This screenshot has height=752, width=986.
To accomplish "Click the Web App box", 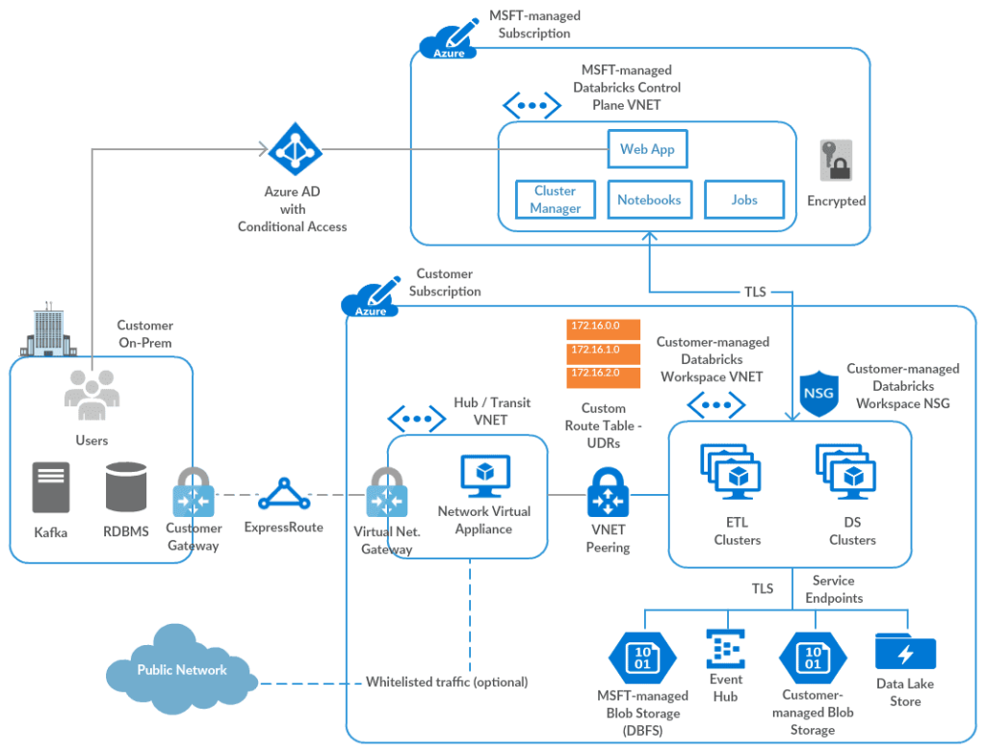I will (647, 149).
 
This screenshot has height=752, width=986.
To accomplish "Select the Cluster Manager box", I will (555, 199).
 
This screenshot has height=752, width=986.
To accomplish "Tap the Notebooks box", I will (649, 199).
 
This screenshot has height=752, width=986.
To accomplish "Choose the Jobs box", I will (744, 199).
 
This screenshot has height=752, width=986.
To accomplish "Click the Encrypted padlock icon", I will (836, 161).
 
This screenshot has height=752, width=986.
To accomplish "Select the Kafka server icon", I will (51, 487).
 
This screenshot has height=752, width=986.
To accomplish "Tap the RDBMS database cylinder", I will (126, 487).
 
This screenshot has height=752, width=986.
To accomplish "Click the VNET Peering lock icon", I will (608, 493).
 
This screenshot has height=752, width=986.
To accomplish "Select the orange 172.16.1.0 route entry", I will (594, 350).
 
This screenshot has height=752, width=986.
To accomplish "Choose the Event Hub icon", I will (725, 650).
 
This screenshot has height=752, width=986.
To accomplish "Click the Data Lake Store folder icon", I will (905, 652).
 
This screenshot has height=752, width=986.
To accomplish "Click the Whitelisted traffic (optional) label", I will (447, 683).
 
